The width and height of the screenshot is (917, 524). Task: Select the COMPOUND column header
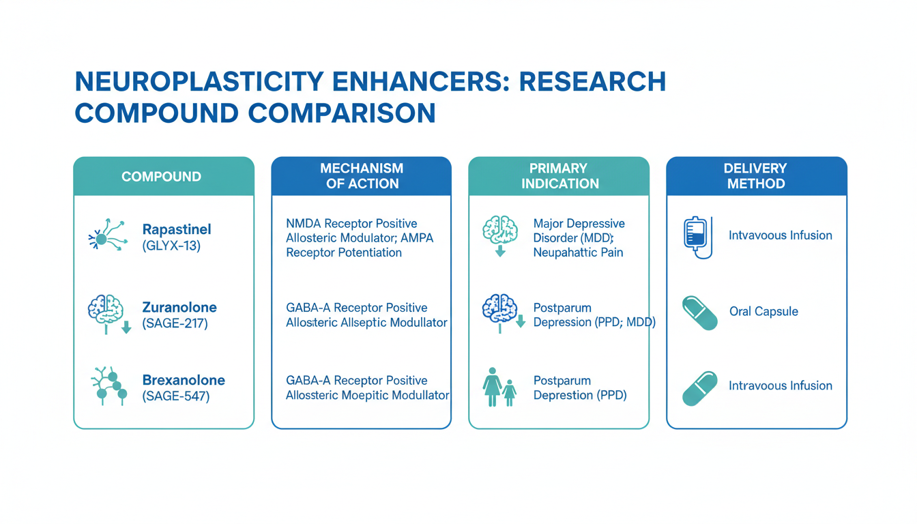161,177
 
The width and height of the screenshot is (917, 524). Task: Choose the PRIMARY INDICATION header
559,176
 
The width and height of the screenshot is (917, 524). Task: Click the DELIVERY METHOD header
755,176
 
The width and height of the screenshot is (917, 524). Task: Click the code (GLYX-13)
171,246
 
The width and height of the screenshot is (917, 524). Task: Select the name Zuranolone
179,307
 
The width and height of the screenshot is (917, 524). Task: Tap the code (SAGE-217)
175,323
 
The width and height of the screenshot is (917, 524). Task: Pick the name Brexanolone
184,380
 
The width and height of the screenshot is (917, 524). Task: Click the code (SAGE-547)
175,396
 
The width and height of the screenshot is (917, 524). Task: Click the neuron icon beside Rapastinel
106,236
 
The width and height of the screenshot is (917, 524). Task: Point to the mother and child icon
499,387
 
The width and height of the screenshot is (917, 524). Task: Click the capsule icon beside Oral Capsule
700,313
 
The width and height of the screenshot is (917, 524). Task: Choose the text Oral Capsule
763,312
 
